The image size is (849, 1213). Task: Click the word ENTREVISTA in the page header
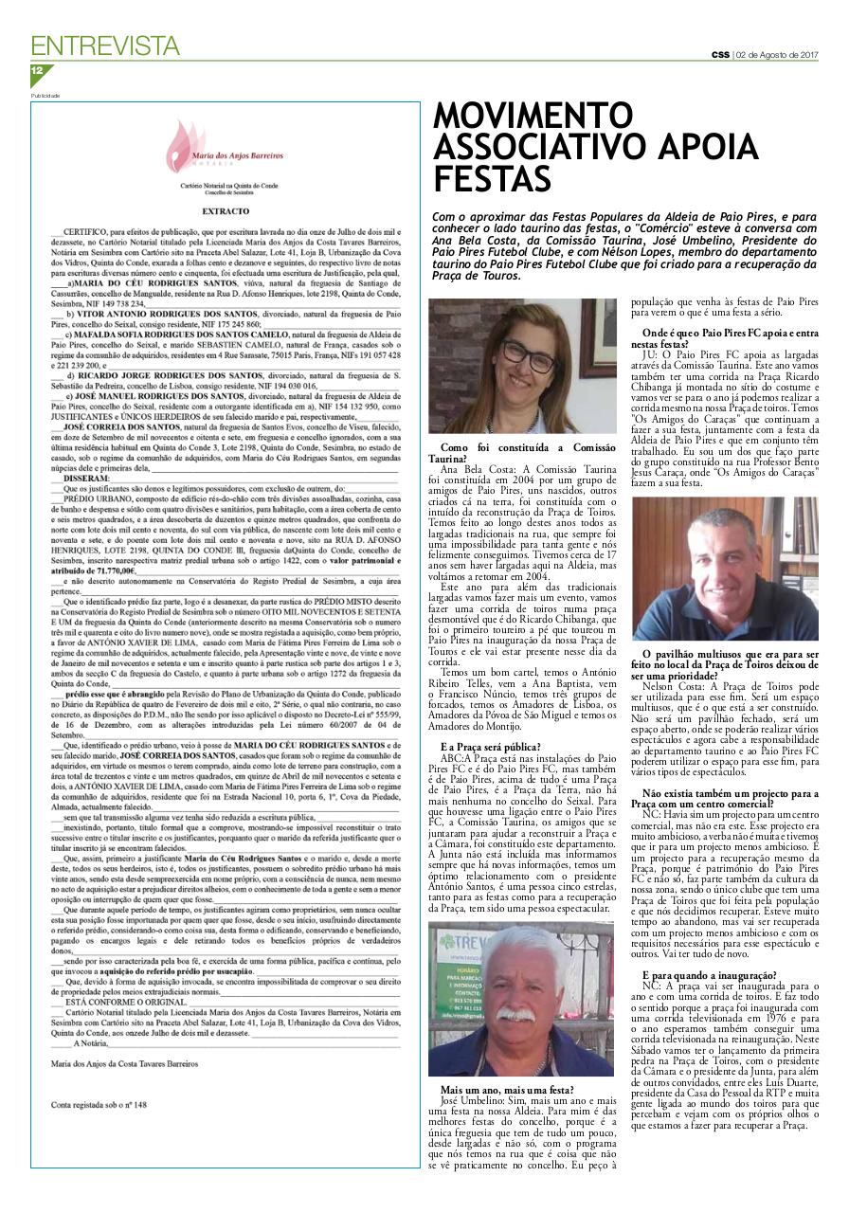click(105, 45)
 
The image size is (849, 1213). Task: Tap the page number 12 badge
click(38, 71)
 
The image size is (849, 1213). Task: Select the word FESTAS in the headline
click(492, 179)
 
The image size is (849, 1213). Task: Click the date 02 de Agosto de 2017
click(778, 54)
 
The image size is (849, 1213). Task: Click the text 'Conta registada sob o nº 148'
click(99, 1104)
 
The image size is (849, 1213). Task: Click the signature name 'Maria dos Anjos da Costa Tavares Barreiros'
click(124, 1064)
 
